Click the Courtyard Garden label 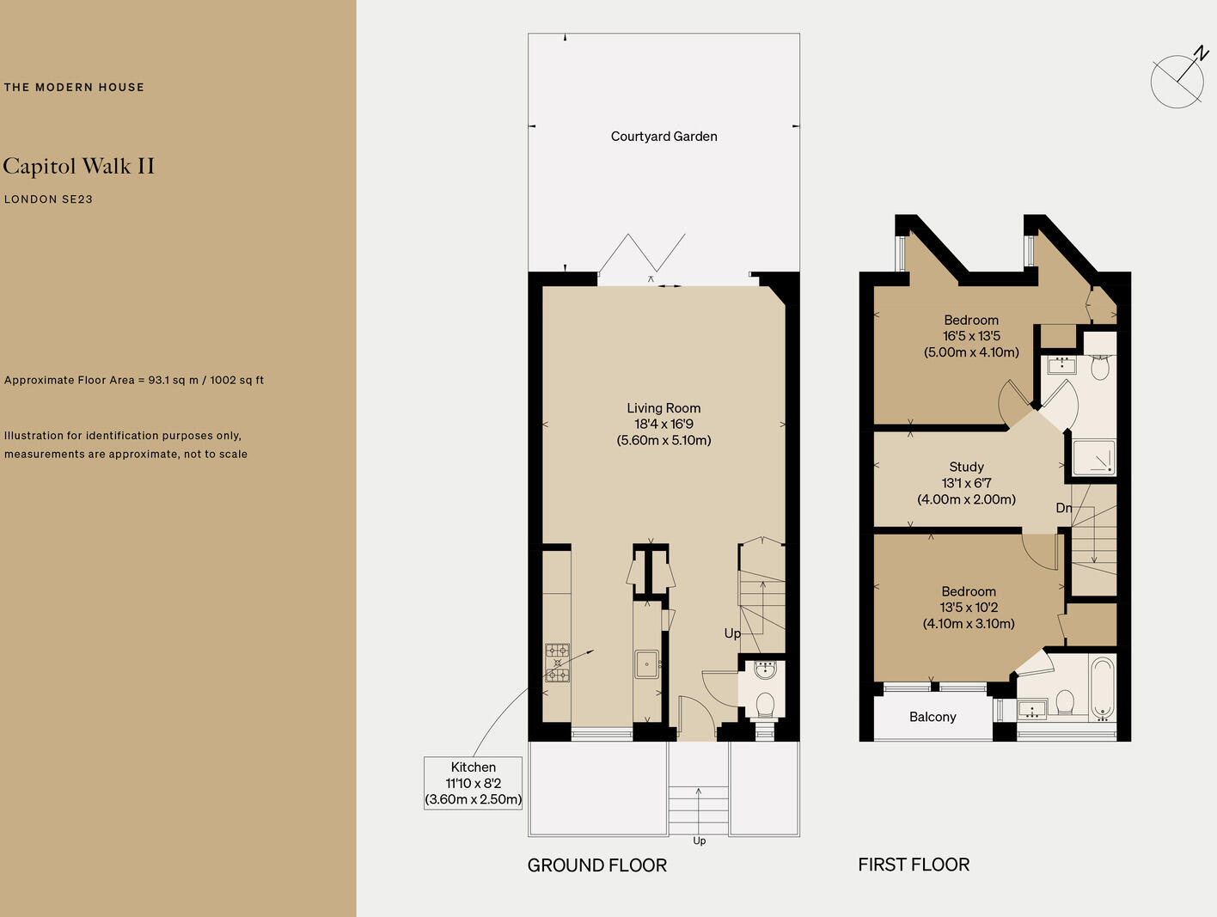[664, 136]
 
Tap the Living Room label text [664, 408]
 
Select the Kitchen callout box [473, 783]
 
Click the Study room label [966, 467]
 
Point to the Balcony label [933, 717]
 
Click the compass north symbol [1178, 80]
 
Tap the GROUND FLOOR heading [596, 865]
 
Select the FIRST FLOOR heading [914, 865]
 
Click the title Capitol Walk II [79, 166]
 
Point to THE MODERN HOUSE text [74, 87]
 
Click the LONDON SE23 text [48, 199]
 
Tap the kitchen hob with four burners [557, 663]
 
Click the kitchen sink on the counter [645, 663]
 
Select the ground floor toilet [764, 704]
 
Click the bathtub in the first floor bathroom [1102, 689]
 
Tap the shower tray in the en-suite [1094, 457]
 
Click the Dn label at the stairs [1063, 508]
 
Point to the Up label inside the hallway [732, 633]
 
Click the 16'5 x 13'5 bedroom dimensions [971, 336]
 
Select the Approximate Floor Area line [134, 380]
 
